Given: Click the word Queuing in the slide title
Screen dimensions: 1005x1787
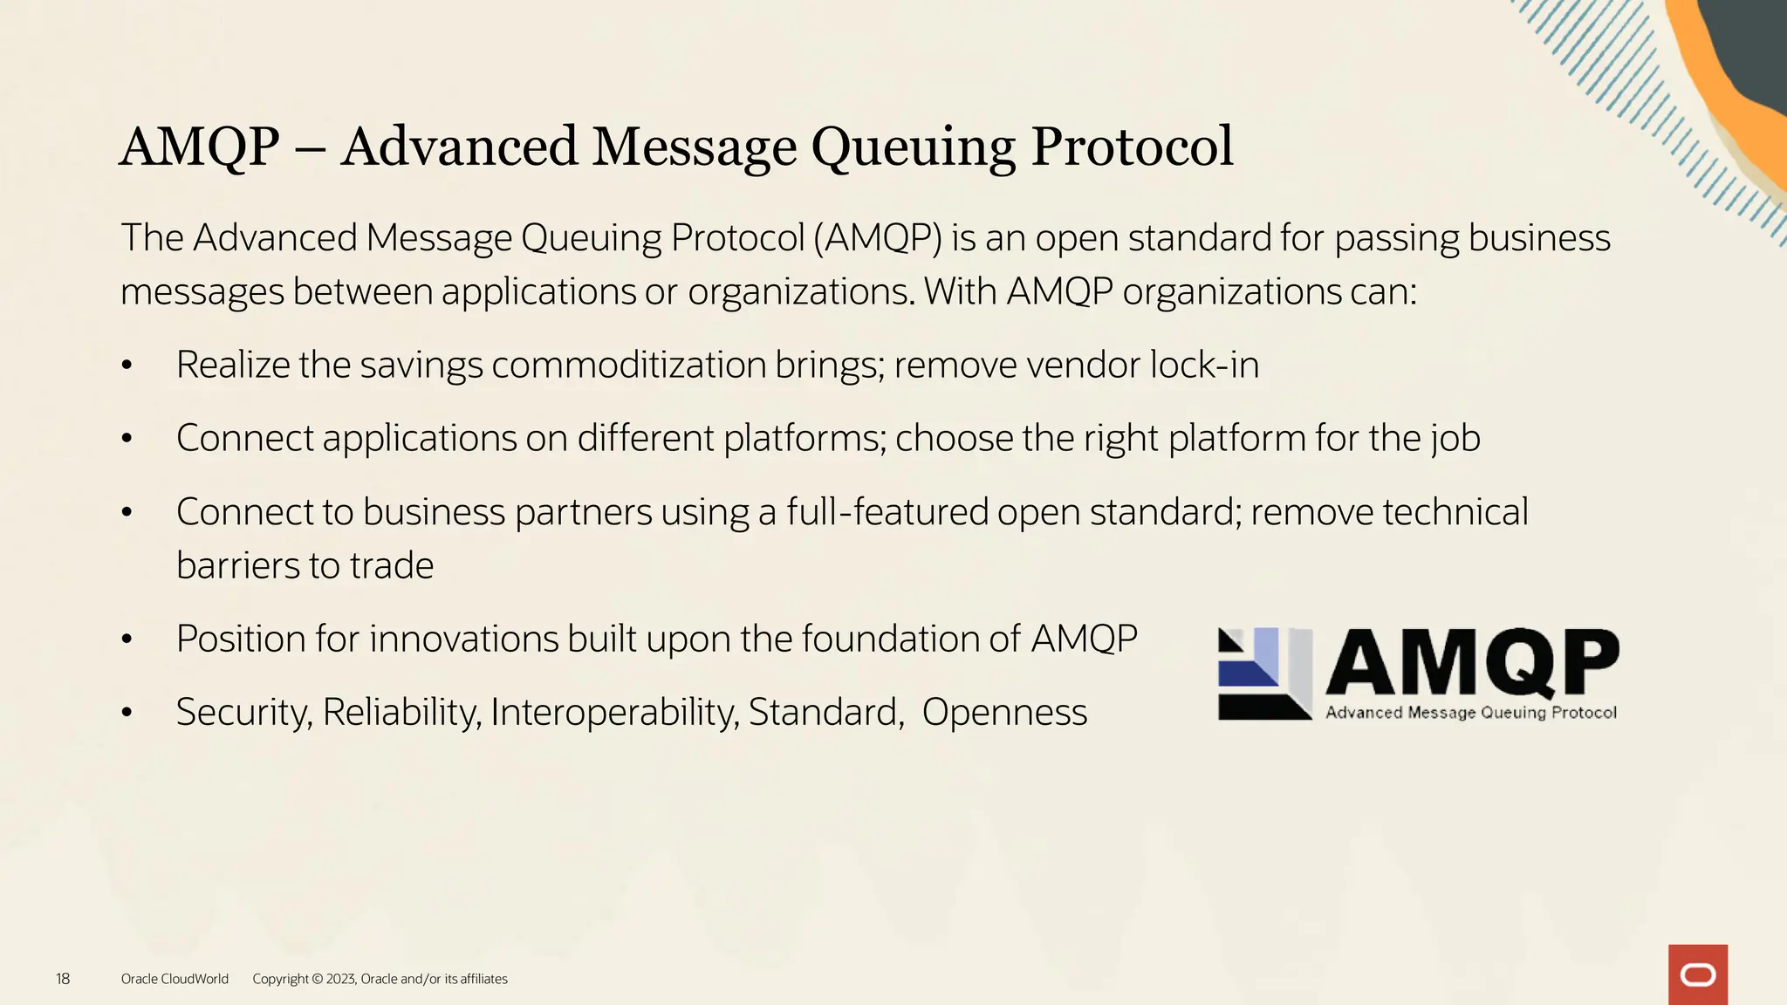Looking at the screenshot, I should click(x=913, y=147).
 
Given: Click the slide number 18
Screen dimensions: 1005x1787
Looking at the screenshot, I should click(x=63, y=979).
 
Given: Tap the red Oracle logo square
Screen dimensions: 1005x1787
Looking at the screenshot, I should click(x=1697, y=974).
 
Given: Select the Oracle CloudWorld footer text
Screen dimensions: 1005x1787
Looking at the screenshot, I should click(x=175, y=979).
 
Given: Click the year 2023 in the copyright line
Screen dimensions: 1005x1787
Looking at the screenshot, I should click(x=340, y=979).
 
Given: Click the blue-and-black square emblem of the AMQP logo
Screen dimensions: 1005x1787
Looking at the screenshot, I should click(x=1264, y=673).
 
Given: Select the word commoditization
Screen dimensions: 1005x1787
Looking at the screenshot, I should click(x=628, y=365).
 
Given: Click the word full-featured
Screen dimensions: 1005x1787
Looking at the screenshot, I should click(x=887, y=512).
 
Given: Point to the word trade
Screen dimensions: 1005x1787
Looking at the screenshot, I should click(x=391, y=565).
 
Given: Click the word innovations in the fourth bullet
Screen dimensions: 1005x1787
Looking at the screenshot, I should click(x=463, y=639).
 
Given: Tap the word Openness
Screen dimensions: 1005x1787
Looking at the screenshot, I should click(x=1004, y=712).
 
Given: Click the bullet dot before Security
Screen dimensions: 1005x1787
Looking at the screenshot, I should click(x=127, y=713).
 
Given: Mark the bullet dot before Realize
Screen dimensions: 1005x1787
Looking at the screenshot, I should click(x=127, y=366).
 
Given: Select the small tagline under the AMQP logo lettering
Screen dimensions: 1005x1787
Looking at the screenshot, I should click(x=1471, y=713).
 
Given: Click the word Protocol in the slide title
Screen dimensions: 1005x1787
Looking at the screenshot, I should click(x=1132, y=147).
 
